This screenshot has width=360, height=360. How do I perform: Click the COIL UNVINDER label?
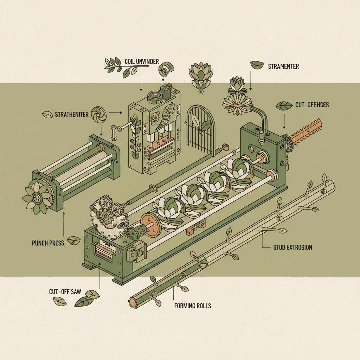[142, 62]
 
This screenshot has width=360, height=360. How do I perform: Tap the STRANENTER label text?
[283, 66]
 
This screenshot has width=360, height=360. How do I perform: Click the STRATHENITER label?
[72, 115]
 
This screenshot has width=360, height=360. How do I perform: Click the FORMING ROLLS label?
[193, 306]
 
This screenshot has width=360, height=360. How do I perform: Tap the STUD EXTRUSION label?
[292, 247]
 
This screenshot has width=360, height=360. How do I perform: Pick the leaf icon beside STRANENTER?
[257, 65]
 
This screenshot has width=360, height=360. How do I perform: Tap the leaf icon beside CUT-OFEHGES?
[284, 105]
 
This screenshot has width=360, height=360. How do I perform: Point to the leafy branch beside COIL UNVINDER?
[121, 66]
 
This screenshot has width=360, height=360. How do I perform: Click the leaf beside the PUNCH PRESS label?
[74, 240]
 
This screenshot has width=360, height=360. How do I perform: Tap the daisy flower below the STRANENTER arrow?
[237, 102]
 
